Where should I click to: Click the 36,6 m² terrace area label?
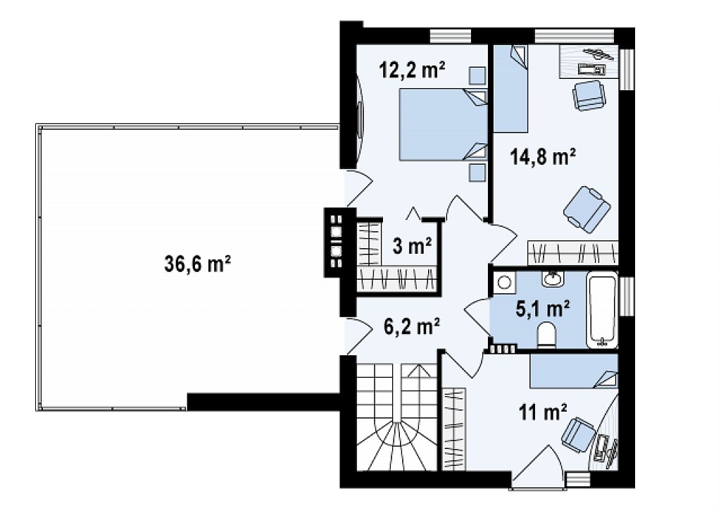click(x=197, y=264)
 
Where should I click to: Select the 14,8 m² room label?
click(x=543, y=156)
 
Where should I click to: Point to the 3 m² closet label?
click(x=412, y=245)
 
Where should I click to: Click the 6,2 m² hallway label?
click(x=411, y=326)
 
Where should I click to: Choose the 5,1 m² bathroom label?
click(x=543, y=309)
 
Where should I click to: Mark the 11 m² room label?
click(x=543, y=412)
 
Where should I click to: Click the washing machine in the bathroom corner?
click(x=505, y=282)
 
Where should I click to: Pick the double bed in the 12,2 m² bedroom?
click(x=443, y=125)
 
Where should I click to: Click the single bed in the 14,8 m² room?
click(x=511, y=89)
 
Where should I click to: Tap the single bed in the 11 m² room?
click(x=574, y=371)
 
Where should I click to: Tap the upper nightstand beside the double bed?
click(x=477, y=76)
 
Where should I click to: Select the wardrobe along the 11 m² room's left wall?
click(x=454, y=429)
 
